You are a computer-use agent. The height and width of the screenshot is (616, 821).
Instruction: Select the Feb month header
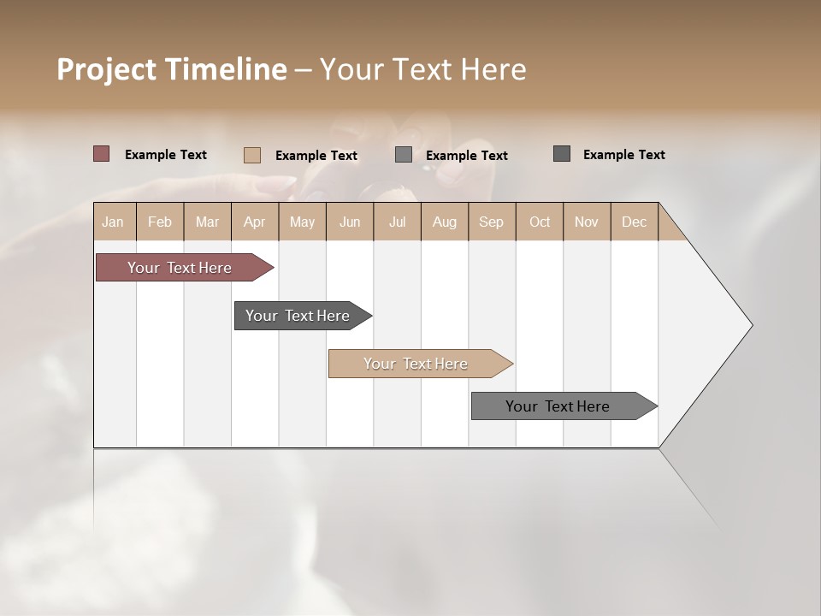(x=160, y=222)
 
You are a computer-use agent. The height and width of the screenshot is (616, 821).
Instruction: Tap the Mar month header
(x=207, y=222)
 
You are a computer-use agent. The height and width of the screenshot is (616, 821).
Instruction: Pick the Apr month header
(x=255, y=222)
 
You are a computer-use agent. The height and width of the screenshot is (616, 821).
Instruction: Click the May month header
(x=302, y=222)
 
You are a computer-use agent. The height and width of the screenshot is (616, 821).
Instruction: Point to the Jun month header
(x=350, y=222)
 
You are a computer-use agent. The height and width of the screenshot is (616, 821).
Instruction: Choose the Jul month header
(x=397, y=222)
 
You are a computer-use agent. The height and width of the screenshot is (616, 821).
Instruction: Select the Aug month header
(x=445, y=222)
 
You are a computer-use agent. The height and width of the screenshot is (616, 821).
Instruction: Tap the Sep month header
(x=492, y=222)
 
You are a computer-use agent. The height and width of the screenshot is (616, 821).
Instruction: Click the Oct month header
(x=540, y=222)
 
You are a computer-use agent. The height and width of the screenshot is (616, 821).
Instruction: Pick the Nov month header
(x=587, y=222)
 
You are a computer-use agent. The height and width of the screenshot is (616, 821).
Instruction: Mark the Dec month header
(x=635, y=222)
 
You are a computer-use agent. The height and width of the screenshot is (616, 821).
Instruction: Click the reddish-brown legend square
(x=102, y=154)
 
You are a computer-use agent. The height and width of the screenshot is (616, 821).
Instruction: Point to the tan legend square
(x=252, y=155)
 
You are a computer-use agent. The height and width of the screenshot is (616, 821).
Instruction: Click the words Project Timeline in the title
(x=172, y=69)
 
